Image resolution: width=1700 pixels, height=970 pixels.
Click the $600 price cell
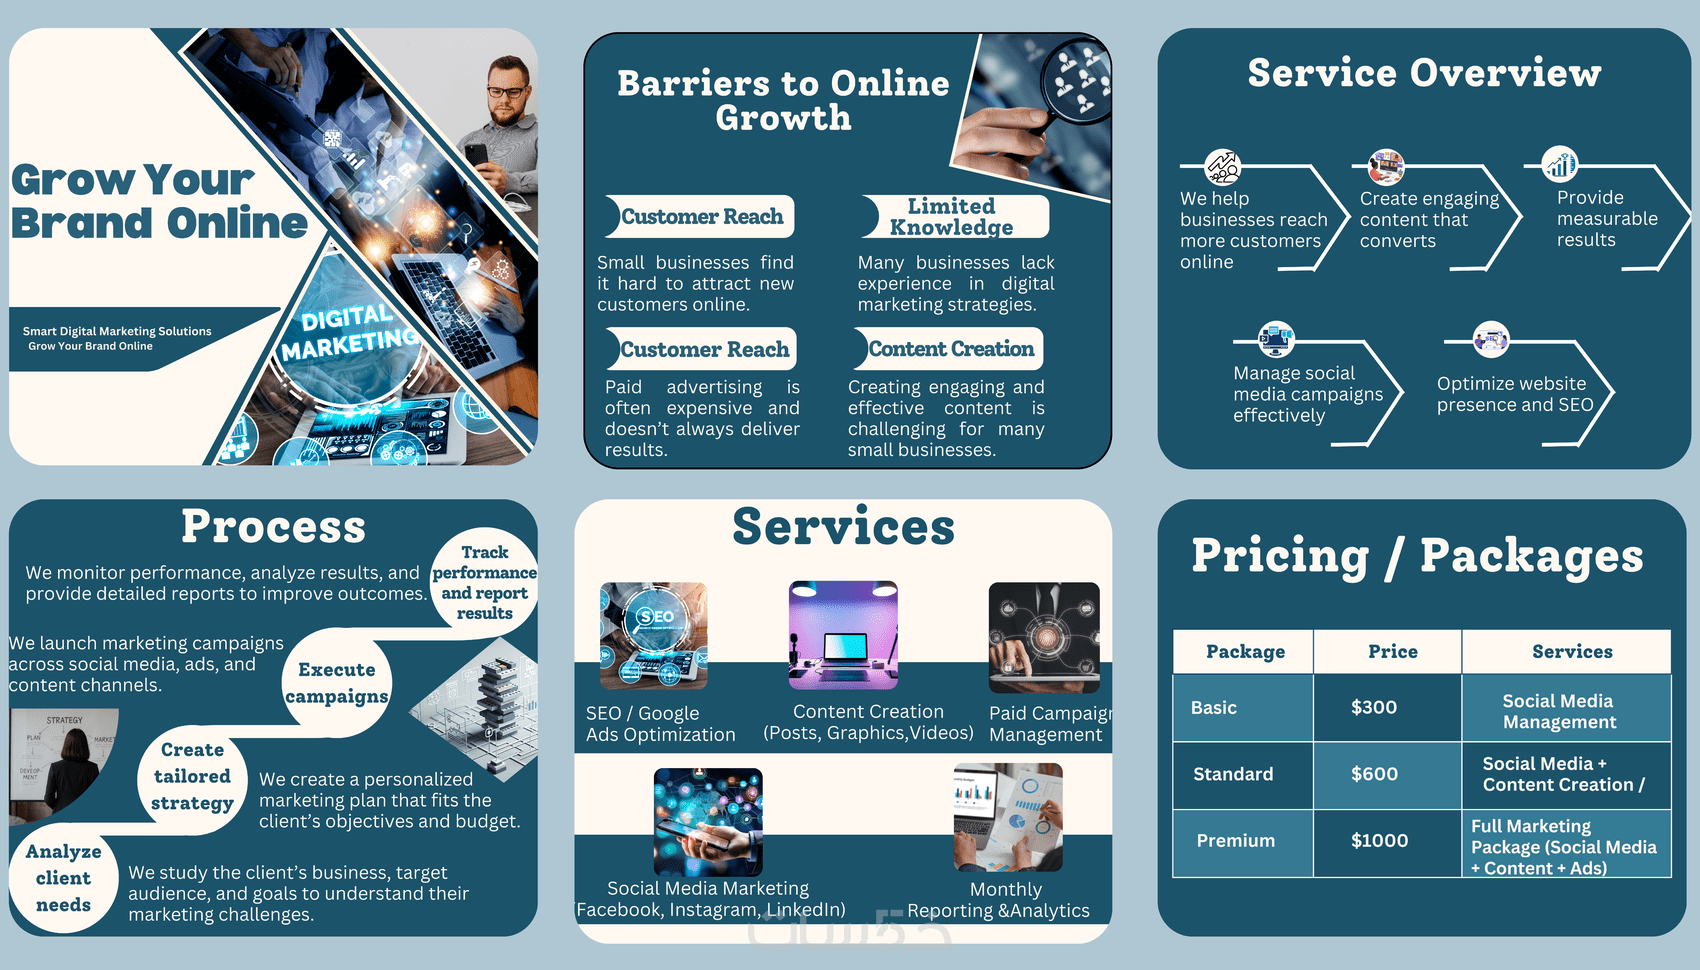(1374, 774)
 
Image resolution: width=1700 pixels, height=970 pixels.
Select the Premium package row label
(1235, 841)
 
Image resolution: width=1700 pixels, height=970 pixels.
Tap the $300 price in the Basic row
(1373, 707)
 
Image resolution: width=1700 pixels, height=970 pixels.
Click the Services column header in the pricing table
(1571, 652)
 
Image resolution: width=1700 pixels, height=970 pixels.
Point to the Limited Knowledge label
(951, 217)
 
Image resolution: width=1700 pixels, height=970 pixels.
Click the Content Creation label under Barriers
(950, 349)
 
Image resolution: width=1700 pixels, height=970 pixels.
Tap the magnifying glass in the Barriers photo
(1074, 80)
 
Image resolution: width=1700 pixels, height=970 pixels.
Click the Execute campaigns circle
(337, 683)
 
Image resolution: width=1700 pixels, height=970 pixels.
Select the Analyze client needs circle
(63, 878)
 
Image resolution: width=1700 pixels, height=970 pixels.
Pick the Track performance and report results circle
(485, 582)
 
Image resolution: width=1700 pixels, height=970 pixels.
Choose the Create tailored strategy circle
(192, 777)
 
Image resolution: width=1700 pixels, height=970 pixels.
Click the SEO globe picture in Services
(654, 636)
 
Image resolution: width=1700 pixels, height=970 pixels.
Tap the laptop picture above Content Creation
(843, 636)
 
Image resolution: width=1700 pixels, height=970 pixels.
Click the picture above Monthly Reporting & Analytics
(1008, 817)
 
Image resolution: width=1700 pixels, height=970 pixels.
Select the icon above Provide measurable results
(1560, 164)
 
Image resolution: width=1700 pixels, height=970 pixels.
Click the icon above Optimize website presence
(1490, 340)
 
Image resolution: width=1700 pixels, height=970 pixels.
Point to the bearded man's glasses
(509, 93)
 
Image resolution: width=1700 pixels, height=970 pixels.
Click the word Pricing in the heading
(1279, 557)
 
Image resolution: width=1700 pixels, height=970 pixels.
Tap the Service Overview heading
(1424, 73)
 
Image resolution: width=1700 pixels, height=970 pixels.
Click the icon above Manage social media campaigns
(1276, 339)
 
